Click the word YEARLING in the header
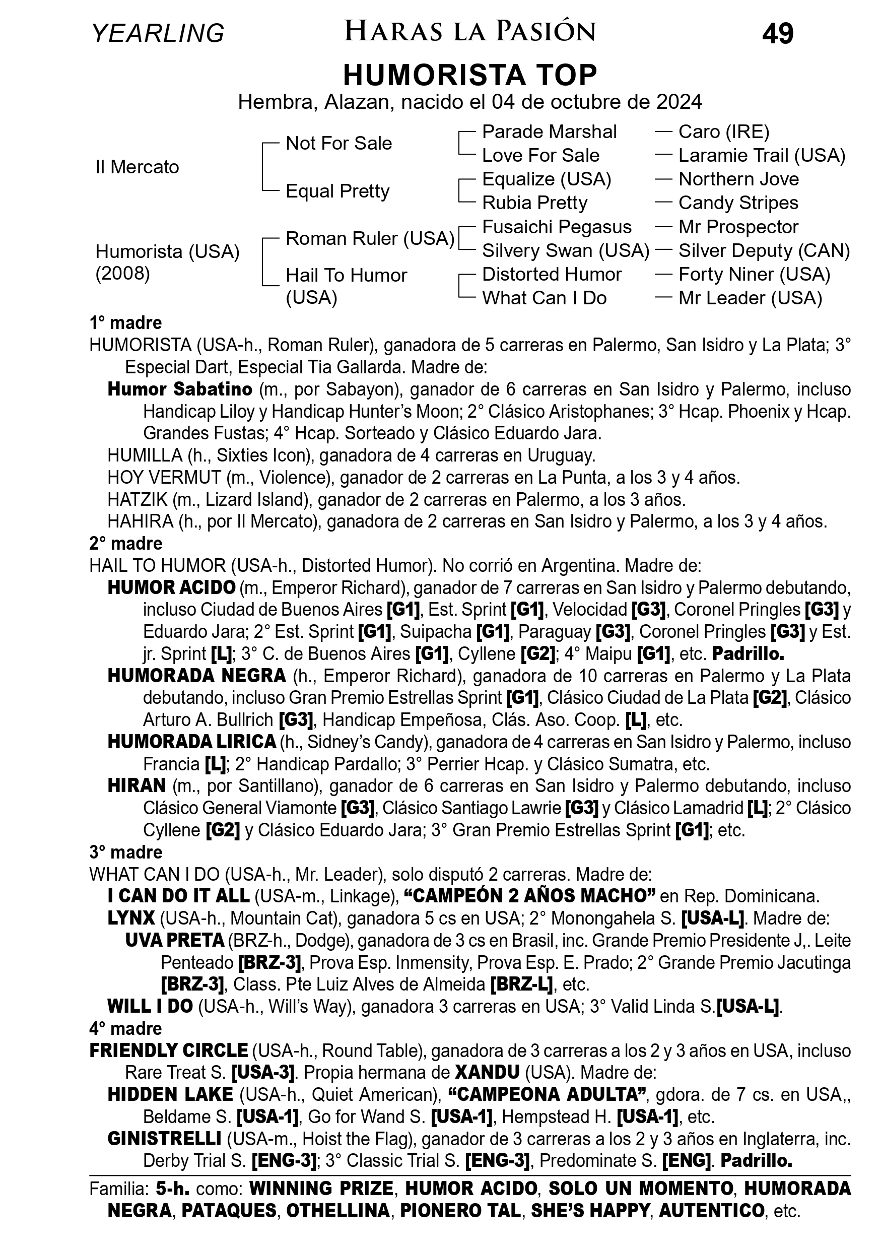[158, 34]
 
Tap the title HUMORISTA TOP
[470, 75]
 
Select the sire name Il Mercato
[137, 167]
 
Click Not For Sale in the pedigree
[338, 143]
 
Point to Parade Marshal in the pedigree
[549, 131]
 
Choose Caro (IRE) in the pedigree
[724, 131]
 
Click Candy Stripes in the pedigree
[738, 203]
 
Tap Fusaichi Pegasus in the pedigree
[557, 227]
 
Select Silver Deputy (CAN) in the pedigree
[764, 250]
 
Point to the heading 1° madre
[126, 323]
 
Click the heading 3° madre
[126, 852]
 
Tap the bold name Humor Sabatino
[180, 389]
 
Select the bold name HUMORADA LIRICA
[191, 742]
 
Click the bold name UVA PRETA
[174, 940]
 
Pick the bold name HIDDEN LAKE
[170, 1094]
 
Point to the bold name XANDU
[487, 1072]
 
